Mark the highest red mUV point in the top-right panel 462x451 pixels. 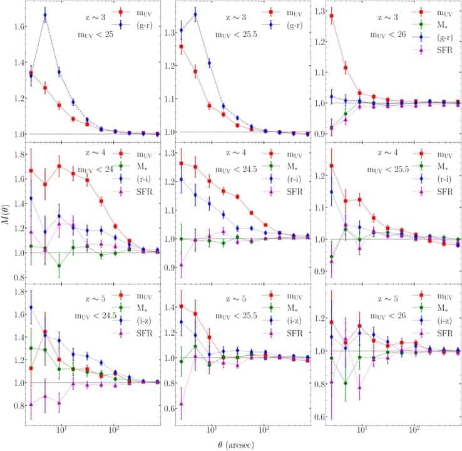(x=332, y=16)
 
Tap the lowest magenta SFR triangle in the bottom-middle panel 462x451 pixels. (x=182, y=404)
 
